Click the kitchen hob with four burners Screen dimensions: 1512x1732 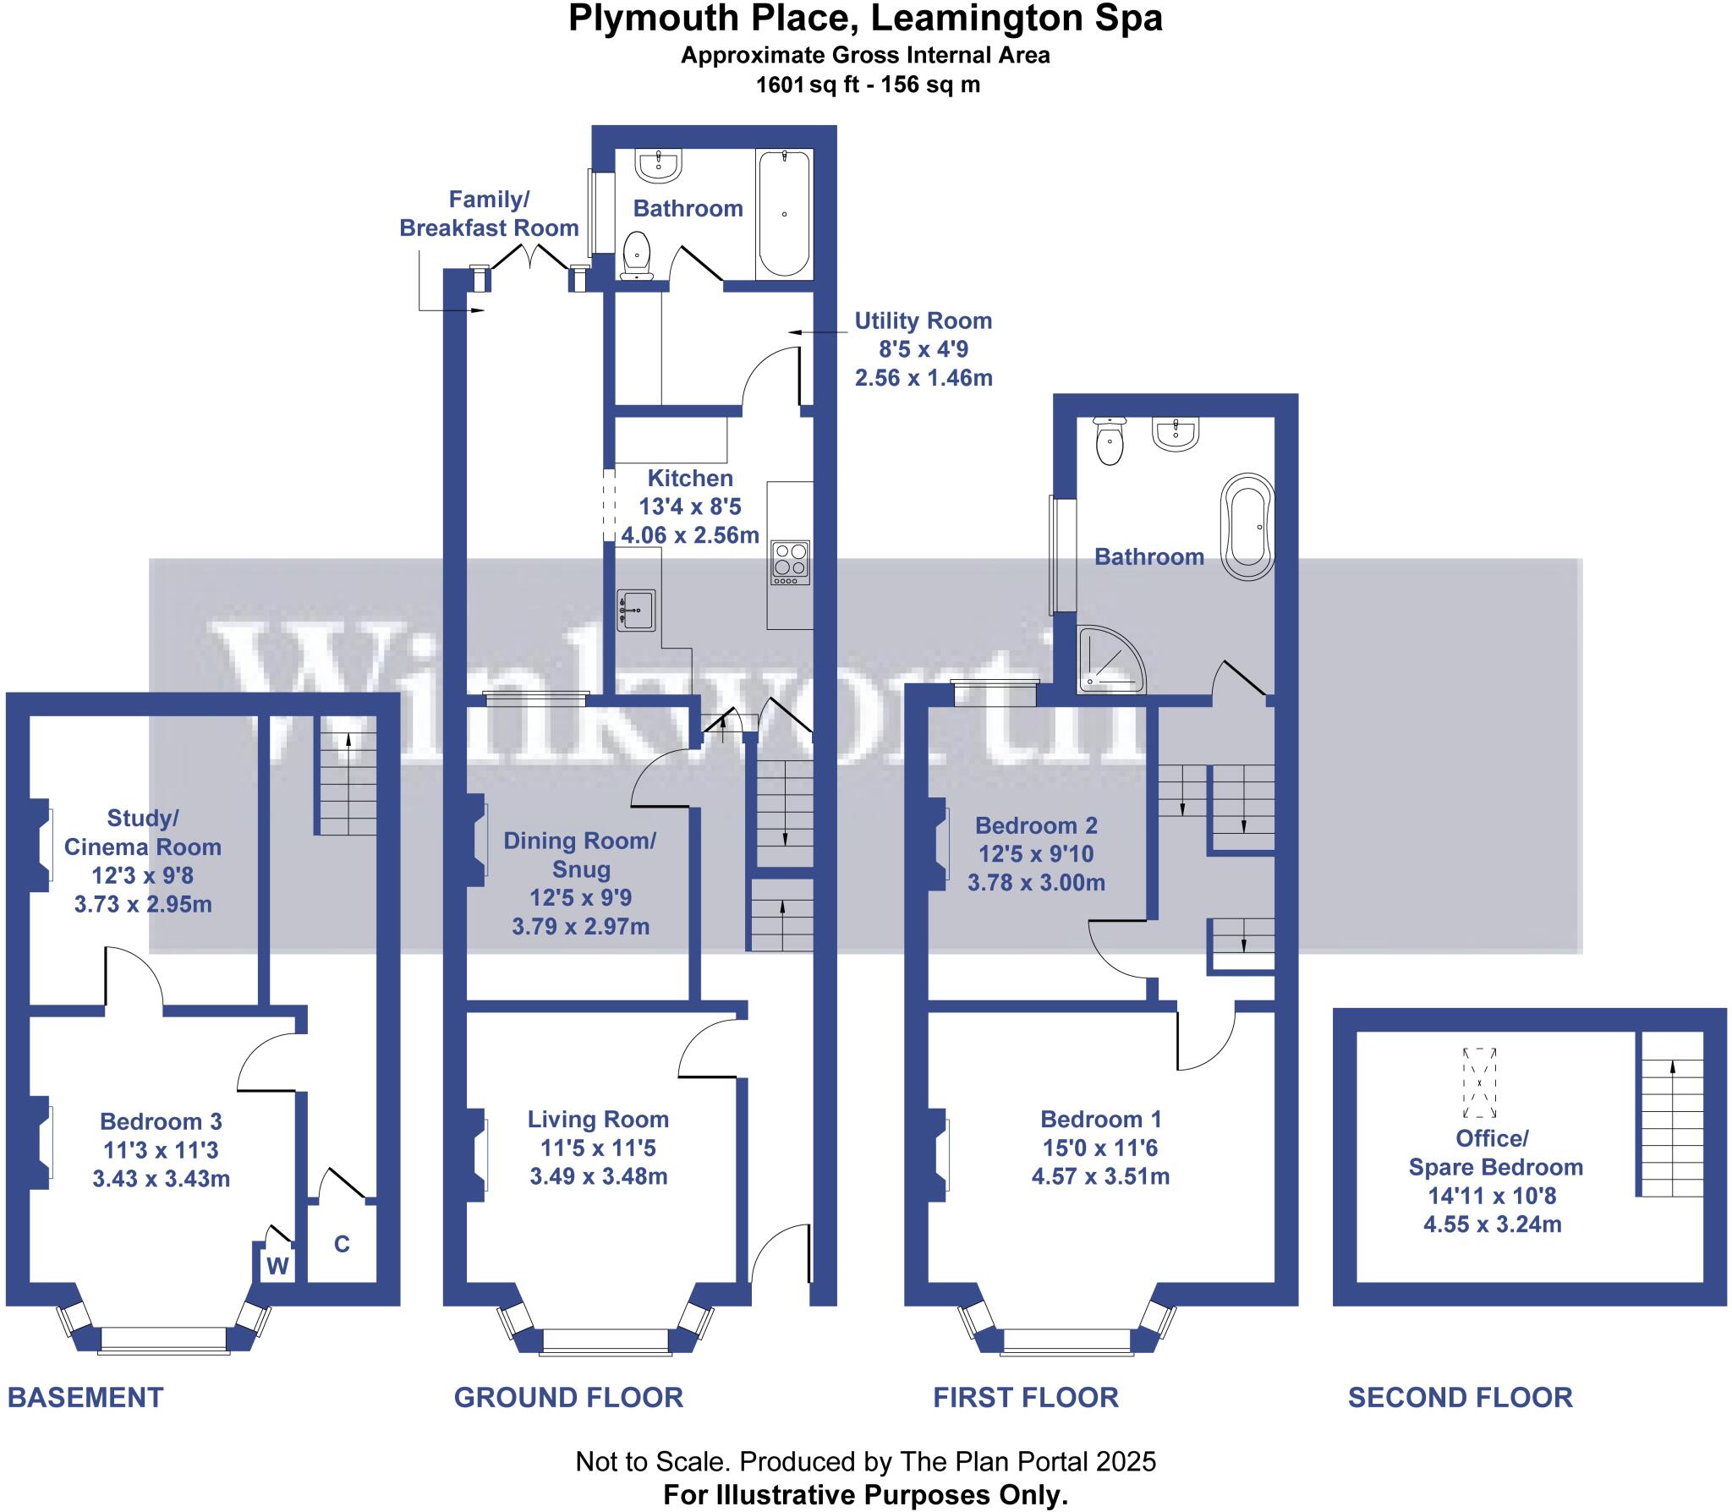pos(790,562)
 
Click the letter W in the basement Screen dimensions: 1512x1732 pos(278,1266)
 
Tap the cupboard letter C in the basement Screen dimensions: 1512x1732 pos(342,1243)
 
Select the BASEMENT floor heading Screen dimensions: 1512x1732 pos(85,1397)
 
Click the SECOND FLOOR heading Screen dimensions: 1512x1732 pos(1460,1397)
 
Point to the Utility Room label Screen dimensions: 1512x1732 pos(923,321)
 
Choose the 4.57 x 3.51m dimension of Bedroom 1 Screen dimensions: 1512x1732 pos(1100,1176)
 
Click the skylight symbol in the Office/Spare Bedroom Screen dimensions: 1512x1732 pos(1480,1082)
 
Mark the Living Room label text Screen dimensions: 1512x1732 pos(598,1120)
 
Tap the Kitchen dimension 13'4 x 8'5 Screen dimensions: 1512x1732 pos(689,507)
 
